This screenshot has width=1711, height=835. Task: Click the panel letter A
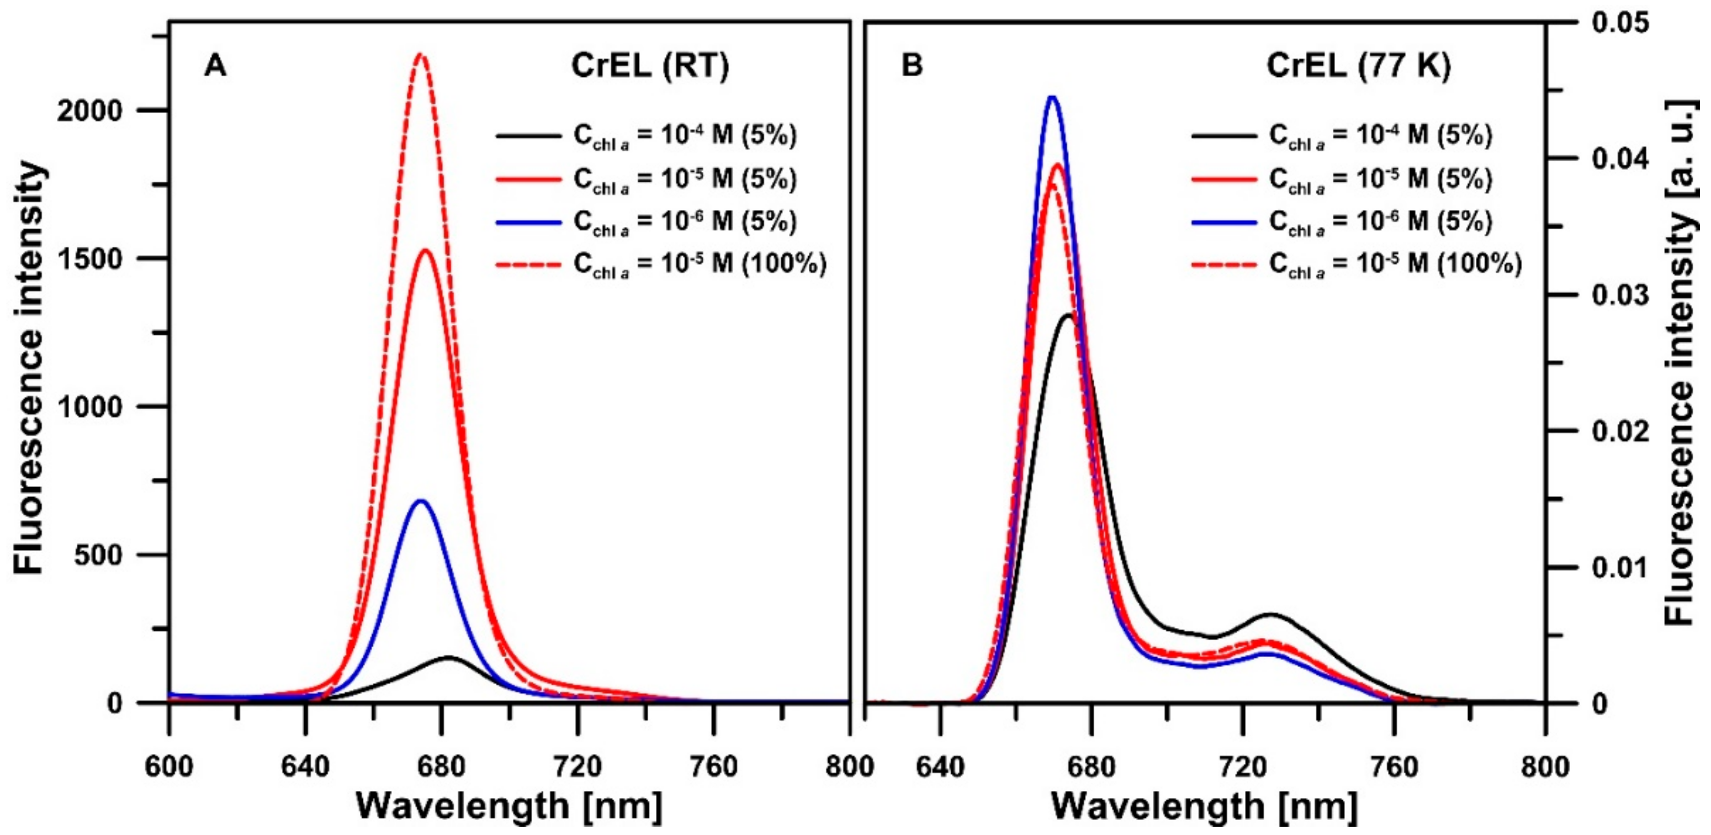(x=215, y=66)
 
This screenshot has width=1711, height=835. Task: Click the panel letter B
(x=912, y=66)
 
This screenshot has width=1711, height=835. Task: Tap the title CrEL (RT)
(x=650, y=66)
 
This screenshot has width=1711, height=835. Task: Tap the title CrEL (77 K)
(x=1358, y=66)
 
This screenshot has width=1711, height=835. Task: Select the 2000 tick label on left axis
(x=91, y=110)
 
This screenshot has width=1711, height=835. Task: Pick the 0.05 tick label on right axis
(x=1620, y=23)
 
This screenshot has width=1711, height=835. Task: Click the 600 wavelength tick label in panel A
(x=169, y=767)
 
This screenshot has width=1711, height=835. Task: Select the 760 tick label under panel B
(x=1394, y=767)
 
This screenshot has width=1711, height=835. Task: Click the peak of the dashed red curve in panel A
(x=420, y=55)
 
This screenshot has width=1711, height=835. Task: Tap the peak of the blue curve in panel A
(x=420, y=501)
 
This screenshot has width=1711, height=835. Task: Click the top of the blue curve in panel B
(x=1051, y=98)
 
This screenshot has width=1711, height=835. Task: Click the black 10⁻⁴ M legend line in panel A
(x=528, y=135)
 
